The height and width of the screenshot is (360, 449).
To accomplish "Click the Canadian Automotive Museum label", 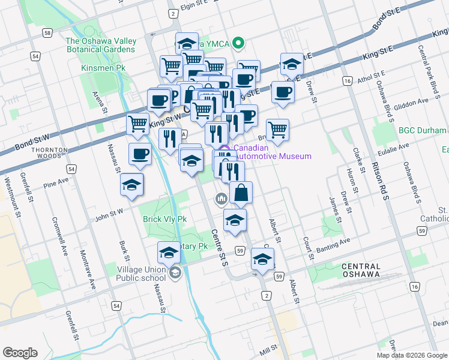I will (273, 152).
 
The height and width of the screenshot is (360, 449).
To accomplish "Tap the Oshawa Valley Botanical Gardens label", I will (101, 45).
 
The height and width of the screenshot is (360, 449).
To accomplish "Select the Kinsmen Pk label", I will (98, 68).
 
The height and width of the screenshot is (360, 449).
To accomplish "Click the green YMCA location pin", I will (238, 43).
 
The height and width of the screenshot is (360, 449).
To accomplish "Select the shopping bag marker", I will (241, 193).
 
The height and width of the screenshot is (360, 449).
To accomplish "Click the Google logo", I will (20, 353).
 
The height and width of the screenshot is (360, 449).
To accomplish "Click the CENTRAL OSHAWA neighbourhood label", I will (360, 270).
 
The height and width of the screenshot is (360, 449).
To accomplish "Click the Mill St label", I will (268, 347).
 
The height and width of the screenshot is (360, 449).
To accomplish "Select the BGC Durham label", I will (422, 130).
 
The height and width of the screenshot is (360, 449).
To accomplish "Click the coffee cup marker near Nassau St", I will (140, 154).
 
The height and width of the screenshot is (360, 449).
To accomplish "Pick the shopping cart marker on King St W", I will (138, 124).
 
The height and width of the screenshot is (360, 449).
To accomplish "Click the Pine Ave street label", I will (56, 180).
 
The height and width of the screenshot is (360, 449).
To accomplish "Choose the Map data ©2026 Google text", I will (411, 355).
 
